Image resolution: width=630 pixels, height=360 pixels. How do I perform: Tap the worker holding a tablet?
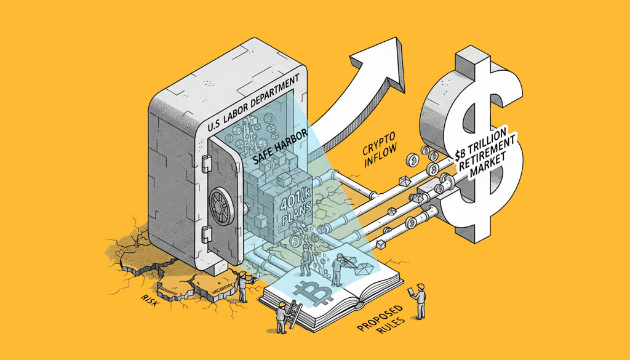[x=420, y=301]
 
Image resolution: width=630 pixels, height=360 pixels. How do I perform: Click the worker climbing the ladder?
[x=281, y=314]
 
